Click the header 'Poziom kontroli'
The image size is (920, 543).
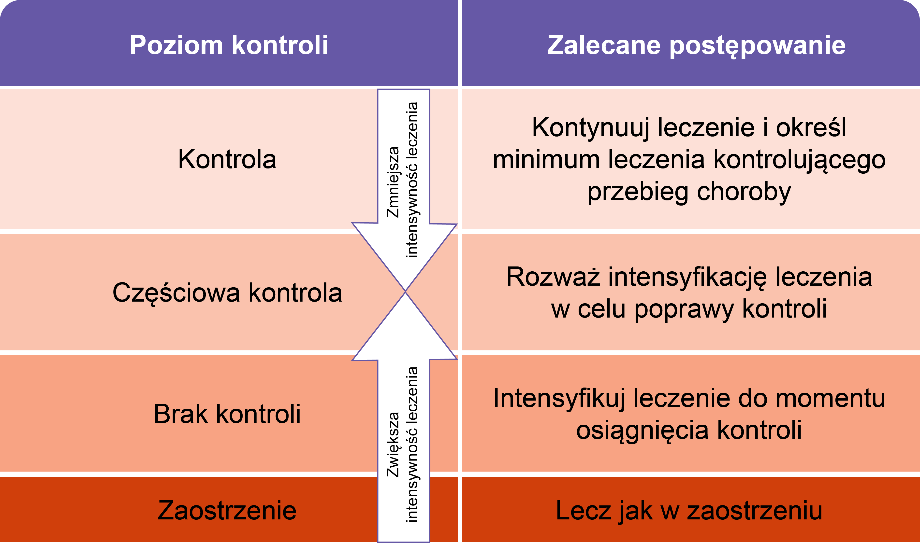pyautogui.click(x=229, y=45)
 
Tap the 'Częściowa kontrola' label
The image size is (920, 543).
pyautogui.click(x=227, y=293)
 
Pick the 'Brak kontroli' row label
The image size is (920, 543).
pyautogui.click(x=227, y=414)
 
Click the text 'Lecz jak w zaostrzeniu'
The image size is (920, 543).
pyautogui.click(x=689, y=511)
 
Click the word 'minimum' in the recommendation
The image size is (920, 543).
pyautogui.click(x=546, y=160)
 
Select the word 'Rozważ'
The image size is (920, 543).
pyautogui.click(x=553, y=277)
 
